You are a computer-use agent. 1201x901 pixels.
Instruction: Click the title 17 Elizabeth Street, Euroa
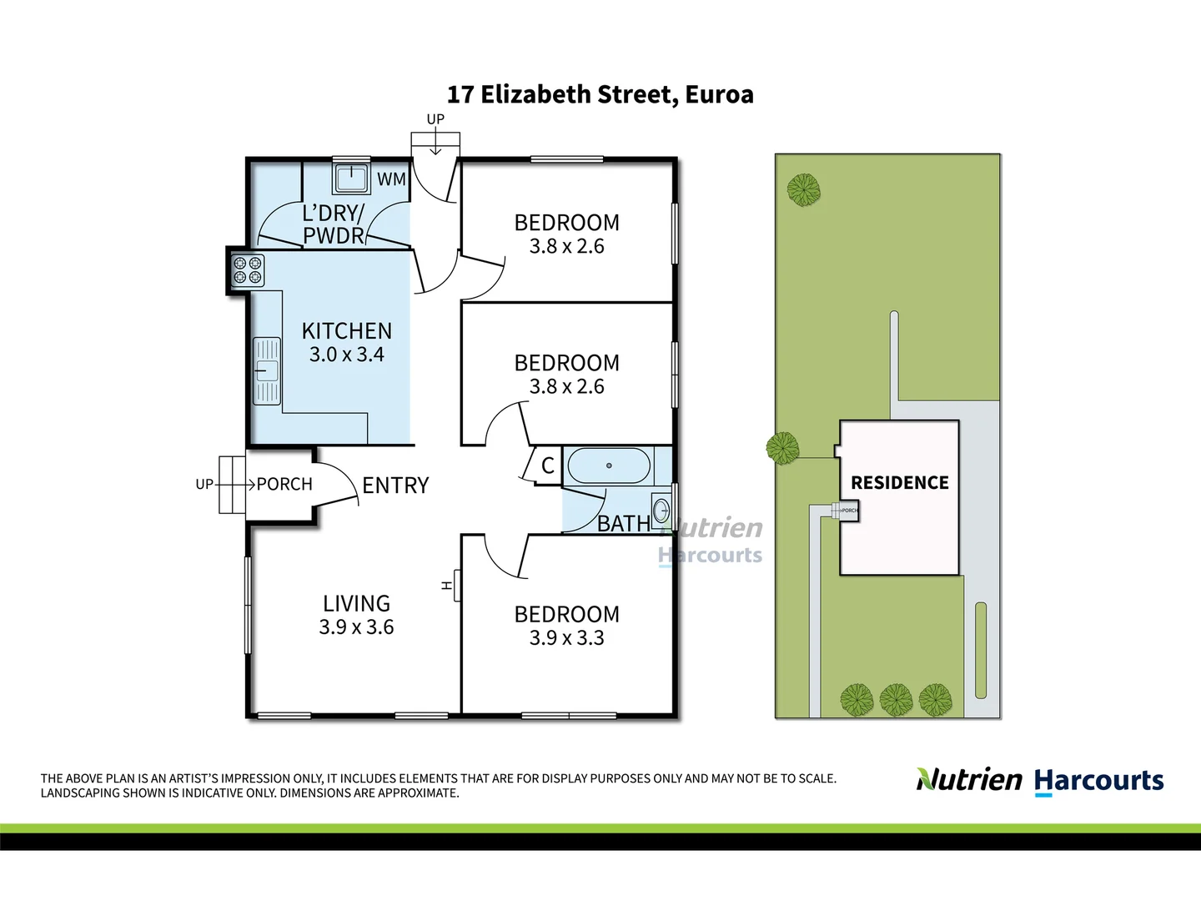click(600, 94)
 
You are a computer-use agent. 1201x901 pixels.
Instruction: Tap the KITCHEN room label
click(346, 331)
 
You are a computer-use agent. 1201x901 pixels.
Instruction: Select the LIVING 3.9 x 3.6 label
click(356, 615)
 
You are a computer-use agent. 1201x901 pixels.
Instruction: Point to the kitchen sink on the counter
click(267, 370)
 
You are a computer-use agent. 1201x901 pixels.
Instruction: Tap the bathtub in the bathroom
click(608, 466)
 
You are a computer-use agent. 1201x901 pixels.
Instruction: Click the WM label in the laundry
click(391, 179)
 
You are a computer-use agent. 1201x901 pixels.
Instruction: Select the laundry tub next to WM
click(351, 178)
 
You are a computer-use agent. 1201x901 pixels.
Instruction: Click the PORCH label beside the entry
click(284, 484)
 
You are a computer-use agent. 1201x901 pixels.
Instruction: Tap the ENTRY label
click(395, 486)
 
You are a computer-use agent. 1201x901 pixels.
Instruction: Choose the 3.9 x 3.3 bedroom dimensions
click(566, 638)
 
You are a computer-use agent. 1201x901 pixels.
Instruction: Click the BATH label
click(623, 523)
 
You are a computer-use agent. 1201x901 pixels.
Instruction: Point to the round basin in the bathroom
click(661, 509)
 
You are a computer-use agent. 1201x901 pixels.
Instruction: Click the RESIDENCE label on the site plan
click(899, 483)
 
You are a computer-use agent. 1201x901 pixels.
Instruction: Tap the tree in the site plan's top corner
click(804, 190)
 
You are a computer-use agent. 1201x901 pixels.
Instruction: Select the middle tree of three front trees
click(896, 700)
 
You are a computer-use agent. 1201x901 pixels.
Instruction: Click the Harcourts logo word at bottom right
click(1098, 781)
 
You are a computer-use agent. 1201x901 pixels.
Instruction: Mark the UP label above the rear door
click(435, 119)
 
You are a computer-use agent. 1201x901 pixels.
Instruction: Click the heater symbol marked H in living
click(448, 586)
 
